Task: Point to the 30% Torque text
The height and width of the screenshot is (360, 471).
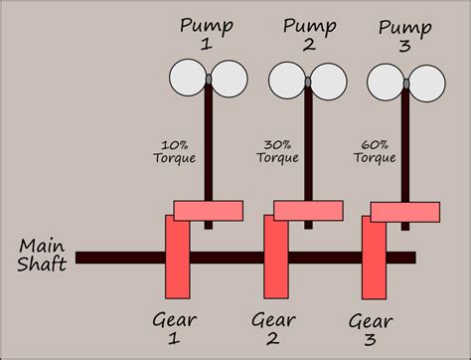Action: (280, 150)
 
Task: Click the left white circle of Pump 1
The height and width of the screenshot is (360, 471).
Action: (187, 77)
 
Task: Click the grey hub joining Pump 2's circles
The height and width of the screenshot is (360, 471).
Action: (308, 79)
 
